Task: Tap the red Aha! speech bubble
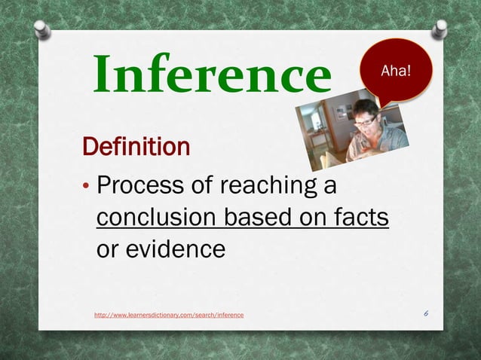click(397, 70)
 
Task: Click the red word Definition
click(136, 146)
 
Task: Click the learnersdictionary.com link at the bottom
click(169, 313)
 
